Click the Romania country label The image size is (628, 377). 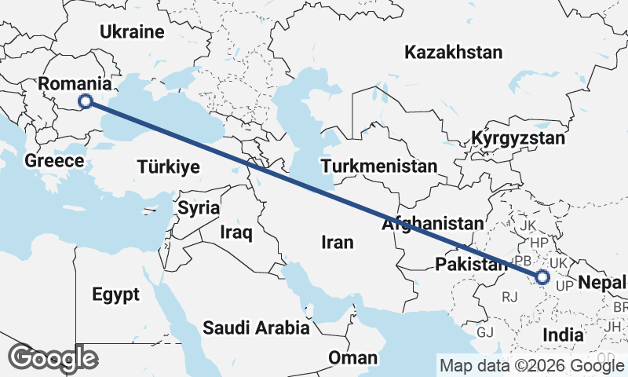click(75, 83)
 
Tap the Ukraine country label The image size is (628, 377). click(132, 32)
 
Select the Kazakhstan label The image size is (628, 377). click(453, 53)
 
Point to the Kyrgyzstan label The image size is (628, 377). click(518, 139)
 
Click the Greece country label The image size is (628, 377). click(54, 161)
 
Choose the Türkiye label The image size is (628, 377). click(168, 167)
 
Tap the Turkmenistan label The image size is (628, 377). click(378, 167)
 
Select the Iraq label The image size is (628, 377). click(235, 232)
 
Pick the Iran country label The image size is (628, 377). click(338, 243)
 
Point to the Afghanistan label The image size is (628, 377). click(432, 224)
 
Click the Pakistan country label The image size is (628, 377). click(471, 264)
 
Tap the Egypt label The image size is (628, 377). click(115, 295)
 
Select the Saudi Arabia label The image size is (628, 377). click(256, 328)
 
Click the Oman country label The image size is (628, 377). click(352, 358)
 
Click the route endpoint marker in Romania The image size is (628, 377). click(86, 101)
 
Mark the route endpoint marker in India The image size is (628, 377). click(542, 276)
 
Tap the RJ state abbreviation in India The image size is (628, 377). click(510, 297)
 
